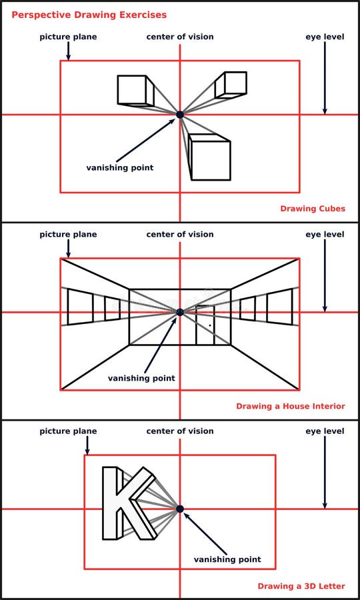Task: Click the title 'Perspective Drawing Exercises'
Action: coord(89,14)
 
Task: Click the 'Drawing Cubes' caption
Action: coord(313,209)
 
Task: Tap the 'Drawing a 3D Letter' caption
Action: coord(301,586)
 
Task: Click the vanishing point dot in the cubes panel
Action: coord(180,115)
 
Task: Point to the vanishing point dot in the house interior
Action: coord(180,312)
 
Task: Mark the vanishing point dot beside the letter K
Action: coord(180,509)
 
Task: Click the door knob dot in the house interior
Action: coord(210,326)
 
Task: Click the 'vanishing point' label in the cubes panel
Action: coord(119,167)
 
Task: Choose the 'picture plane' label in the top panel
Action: coord(68,37)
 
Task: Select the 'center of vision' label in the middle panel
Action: coord(180,234)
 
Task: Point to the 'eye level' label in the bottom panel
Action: coord(325,431)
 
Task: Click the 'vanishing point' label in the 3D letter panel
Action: coord(227,559)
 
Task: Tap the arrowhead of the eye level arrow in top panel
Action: coord(325,111)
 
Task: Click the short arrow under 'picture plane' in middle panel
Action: coord(68,249)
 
